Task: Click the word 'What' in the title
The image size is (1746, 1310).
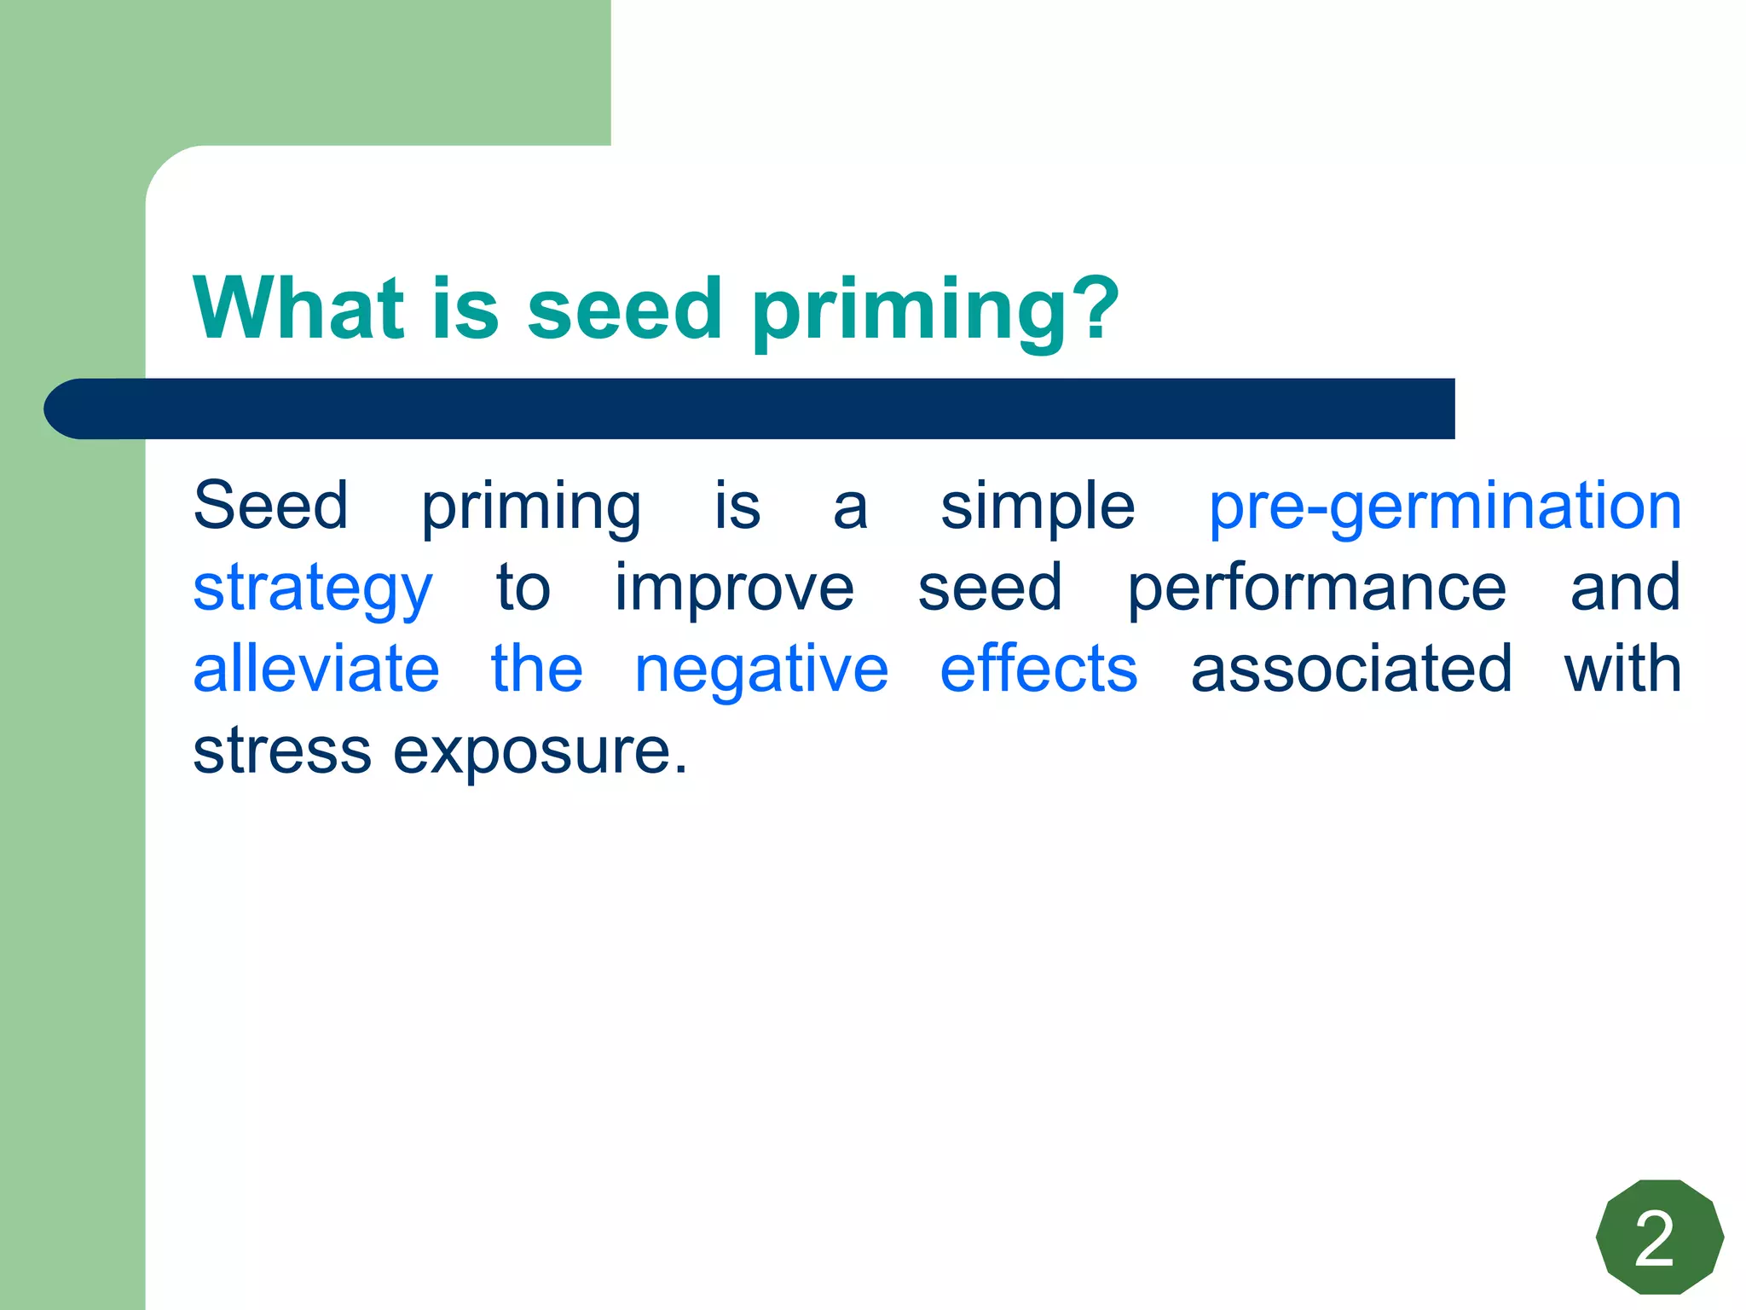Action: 298,309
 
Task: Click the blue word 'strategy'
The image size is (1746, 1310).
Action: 313,590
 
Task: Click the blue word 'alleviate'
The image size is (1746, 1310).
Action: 316,669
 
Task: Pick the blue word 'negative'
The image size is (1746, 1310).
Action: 761,671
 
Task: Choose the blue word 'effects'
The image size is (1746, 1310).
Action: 1038,669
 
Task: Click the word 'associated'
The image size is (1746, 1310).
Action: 1351,669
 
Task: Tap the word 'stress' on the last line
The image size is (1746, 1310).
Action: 281,752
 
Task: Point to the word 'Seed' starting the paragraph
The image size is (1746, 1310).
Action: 270,507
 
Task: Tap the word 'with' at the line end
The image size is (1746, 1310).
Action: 1622,669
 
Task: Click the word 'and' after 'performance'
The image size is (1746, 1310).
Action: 1625,588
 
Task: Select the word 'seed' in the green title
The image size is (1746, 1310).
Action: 624,309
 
